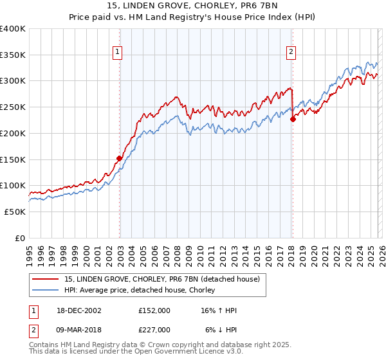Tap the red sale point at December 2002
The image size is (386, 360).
(x=119, y=157)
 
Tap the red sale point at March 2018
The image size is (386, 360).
(x=293, y=119)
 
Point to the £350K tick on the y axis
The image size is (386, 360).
(x=14, y=55)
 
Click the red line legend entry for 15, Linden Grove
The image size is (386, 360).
(x=162, y=279)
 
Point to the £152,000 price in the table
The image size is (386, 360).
(x=154, y=310)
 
